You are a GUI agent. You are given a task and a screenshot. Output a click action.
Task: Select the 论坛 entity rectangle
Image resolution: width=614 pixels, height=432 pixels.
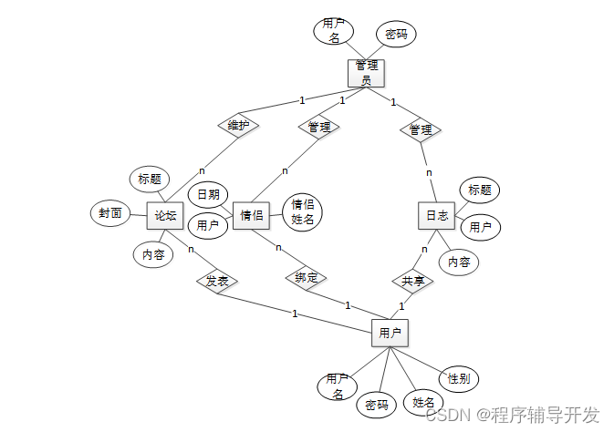coord(165,216)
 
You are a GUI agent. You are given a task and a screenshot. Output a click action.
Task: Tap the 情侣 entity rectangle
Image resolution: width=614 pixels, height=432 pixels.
coord(252,216)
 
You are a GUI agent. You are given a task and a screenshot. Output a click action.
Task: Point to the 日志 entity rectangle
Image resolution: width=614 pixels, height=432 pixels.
coord(437,216)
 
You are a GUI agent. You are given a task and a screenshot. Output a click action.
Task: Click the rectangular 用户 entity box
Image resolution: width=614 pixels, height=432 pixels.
coord(390,334)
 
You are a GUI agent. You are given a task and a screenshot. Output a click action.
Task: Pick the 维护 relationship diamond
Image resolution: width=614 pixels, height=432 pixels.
coord(238,125)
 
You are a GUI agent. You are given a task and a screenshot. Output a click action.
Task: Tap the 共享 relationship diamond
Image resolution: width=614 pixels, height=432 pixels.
coord(413,281)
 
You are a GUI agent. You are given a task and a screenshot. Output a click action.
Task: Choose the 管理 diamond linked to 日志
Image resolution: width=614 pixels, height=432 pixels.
coord(421,130)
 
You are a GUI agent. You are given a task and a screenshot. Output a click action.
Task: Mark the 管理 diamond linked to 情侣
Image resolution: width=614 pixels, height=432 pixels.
coord(318,127)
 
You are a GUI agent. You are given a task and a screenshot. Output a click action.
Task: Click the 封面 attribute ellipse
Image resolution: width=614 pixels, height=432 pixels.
coord(110,215)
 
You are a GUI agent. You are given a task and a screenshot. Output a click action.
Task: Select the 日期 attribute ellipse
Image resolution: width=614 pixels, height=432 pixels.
coord(208,194)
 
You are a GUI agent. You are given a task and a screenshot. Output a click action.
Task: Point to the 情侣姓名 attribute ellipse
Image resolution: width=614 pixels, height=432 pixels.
coord(302,212)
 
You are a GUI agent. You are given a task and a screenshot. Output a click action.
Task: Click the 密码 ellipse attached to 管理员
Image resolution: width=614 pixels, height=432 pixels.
coord(396,35)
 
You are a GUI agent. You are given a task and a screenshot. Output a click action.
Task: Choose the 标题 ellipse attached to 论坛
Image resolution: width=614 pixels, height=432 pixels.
coord(150,178)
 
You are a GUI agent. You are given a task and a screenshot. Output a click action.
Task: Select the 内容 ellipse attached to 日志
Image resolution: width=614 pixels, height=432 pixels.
coord(459,262)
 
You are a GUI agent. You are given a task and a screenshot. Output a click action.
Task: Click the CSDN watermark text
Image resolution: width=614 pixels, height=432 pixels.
coord(513,415)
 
